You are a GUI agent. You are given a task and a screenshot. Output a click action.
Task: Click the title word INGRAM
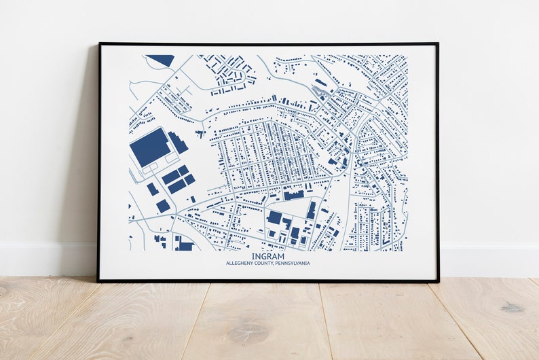pyautogui.click(x=268, y=256)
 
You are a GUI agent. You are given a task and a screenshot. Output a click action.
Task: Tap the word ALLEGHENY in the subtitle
pyautogui.click(x=241, y=264)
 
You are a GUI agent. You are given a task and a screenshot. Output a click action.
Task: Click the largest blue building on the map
pyautogui.click(x=150, y=146)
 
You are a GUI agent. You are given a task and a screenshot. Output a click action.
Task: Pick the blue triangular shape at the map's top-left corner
pyautogui.click(x=162, y=60)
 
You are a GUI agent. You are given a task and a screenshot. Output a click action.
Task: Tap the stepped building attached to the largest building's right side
pyautogui.click(x=179, y=143)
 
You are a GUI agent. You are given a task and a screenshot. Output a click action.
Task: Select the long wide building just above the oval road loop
pyautogui.click(x=293, y=195)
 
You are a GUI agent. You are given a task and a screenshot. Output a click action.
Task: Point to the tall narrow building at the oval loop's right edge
pyautogui.click(x=311, y=210)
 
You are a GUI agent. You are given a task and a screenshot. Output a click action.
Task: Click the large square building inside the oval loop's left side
pyautogui.click(x=274, y=217)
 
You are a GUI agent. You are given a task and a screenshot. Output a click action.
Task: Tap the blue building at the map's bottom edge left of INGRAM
pyautogui.click(x=183, y=244)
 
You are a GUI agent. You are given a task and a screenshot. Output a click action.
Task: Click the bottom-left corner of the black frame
pyautogui.click(x=98, y=281)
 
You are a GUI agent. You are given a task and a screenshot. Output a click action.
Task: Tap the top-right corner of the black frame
pyautogui.click(x=437, y=44)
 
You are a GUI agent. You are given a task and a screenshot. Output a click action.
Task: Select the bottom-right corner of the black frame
pyautogui.click(x=438, y=281)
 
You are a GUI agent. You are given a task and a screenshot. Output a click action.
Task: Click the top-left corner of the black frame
pyautogui.click(x=100, y=44)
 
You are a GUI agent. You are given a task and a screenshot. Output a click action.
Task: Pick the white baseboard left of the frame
pyautogui.click(x=48, y=258)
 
